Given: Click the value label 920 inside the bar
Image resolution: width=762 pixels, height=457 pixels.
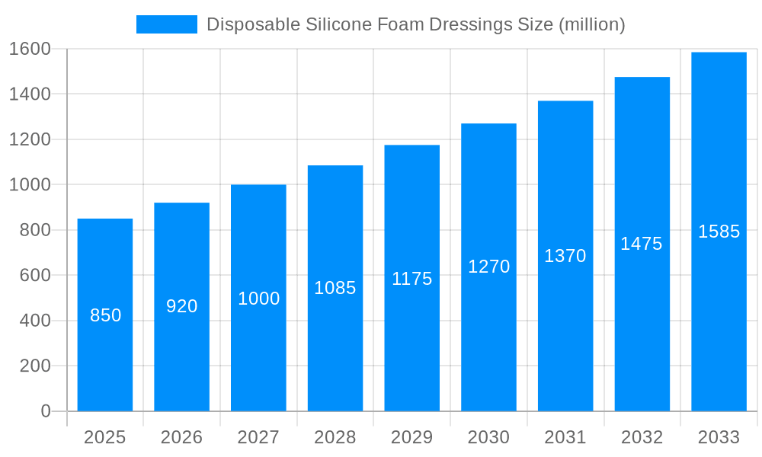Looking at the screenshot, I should pyautogui.click(x=182, y=306).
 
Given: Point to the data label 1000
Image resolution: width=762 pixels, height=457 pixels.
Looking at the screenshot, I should pyautogui.click(x=259, y=299).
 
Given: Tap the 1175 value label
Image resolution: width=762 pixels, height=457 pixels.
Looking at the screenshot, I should pyautogui.click(x=412, y=279).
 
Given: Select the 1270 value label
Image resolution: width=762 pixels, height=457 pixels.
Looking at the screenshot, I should pyautogui.click(x=488, y=267).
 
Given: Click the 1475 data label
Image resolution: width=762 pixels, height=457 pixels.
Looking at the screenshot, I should pyautogui.click(x=642, y=244).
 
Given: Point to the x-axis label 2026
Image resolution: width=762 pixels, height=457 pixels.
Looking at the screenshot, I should pyautogui.click(x=182, y=437).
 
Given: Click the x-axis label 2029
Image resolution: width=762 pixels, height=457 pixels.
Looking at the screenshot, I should pyautogui.click(x=412, y=437).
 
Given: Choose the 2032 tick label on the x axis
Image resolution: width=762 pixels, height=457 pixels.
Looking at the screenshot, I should pyautogui.click(x=642, y=437).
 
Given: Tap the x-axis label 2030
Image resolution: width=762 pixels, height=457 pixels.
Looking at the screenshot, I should pyautogui.click(x=488, y=437).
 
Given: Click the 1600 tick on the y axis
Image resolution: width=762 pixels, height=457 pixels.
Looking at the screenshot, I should pyautogui.click(x=30, y=49).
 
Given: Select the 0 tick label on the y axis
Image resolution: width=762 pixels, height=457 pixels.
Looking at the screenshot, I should pyautogui.click(x=46, y=411).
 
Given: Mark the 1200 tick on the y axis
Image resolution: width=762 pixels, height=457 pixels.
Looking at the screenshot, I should pyautogui.click(x=30, y=139).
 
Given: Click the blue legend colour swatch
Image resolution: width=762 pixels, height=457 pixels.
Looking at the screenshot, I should pyautogui.click(x=166, y=24).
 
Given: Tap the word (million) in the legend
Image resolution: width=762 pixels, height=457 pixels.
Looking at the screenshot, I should pyautogui.click(x=591, y=24).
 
